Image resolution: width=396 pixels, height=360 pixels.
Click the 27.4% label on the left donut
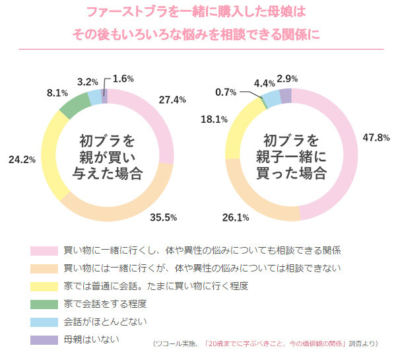[172, 99]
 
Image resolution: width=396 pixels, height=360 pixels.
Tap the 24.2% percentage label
[21, 159]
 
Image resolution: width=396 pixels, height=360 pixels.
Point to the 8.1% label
[53, 93]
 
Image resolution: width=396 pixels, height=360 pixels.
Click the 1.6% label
[123, 79]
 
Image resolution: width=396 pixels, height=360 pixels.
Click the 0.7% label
[228, 92]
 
